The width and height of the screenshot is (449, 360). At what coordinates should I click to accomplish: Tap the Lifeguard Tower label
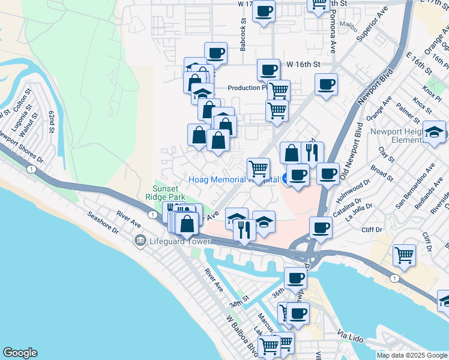click(x=179, y=241)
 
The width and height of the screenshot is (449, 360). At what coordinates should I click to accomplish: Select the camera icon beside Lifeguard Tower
click(x=140, y=241)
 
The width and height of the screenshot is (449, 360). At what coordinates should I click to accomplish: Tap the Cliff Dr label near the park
click(x=372, y=229)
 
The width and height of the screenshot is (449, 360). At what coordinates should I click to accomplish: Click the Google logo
click(x=20, y=353)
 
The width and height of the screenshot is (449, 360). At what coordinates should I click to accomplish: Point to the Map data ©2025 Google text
click(x=411, y=355)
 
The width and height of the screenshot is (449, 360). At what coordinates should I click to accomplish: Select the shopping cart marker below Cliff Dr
click(x=404, y=254)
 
